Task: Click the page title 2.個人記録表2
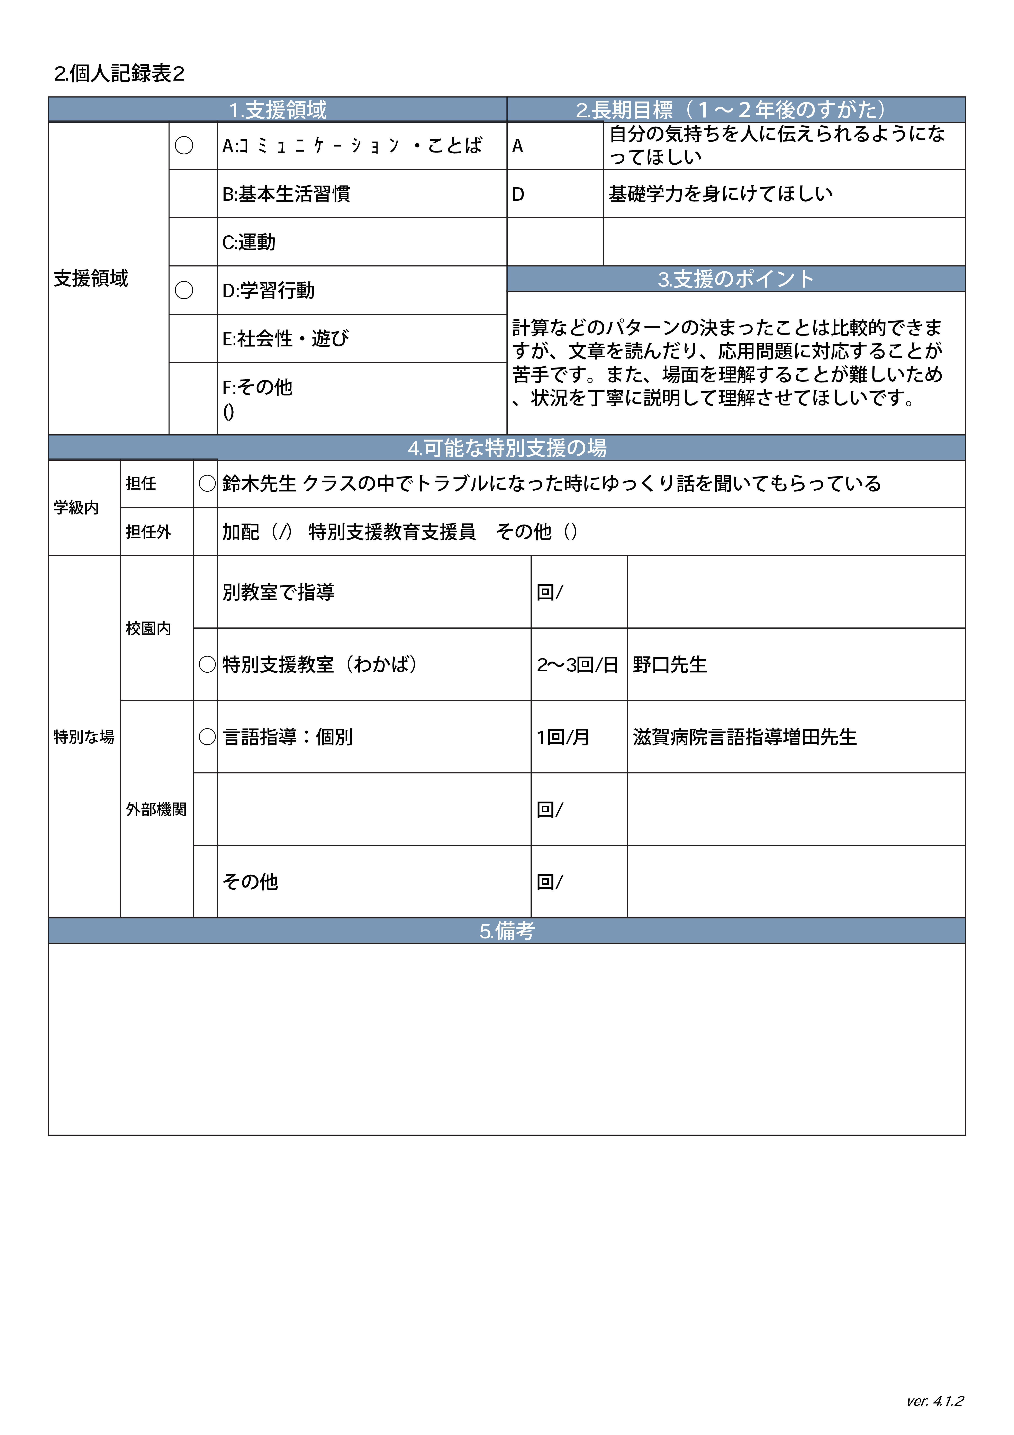(119, 74)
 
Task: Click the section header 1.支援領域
(278, 110)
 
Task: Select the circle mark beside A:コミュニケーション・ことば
(184, 146)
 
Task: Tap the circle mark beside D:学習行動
(184, 290)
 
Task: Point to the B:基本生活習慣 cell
(286, 194)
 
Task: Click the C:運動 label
(249, 242)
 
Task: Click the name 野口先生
(670, 664)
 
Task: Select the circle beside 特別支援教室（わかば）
(207, 664)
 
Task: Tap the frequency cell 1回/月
(563, 737)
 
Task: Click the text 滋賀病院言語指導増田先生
(745, 737)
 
